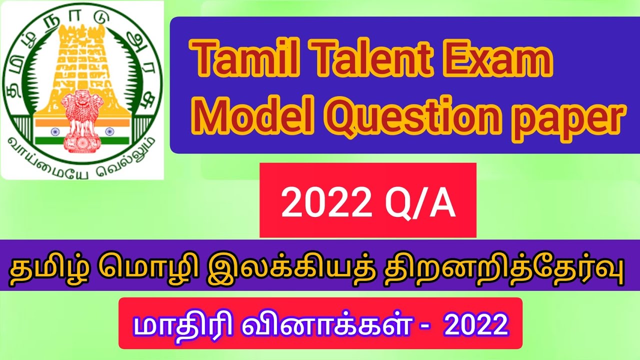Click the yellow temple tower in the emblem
click(x=82, y=60)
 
